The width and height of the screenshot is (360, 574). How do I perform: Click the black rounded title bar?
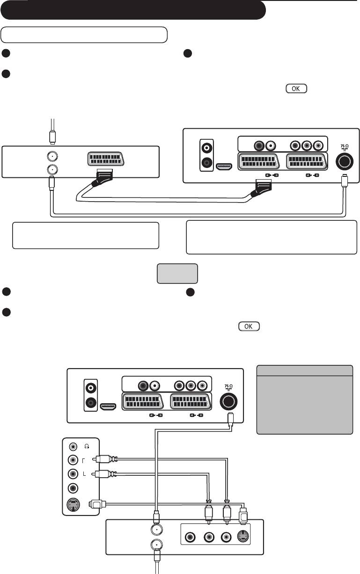pos(133,10)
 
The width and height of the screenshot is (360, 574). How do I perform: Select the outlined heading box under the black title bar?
pos(84,35)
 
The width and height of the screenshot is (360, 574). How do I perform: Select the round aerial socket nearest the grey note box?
pos(228,401)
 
